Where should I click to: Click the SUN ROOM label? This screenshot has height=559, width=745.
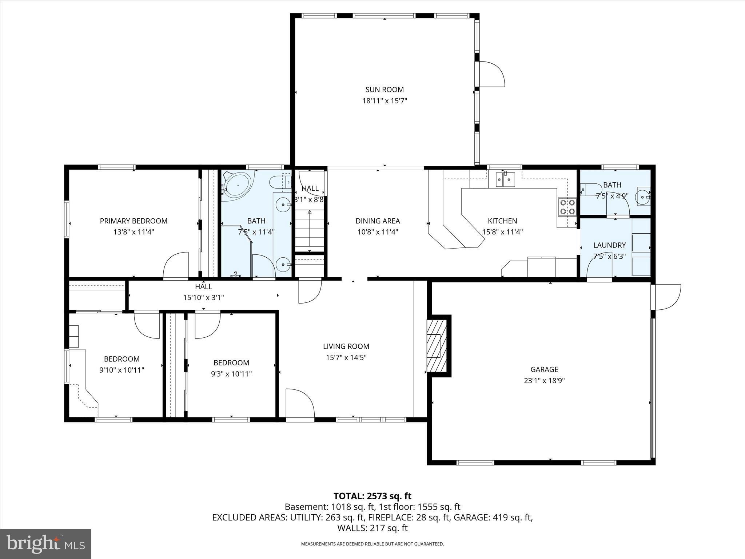tap(385, 90)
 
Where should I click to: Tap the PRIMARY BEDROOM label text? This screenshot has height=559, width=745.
tap(134, 221)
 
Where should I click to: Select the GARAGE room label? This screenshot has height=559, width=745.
tap(544, 369)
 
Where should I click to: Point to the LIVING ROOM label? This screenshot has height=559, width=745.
tap(346, 346)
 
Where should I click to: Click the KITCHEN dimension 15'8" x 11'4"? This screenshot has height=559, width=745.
tap(502, 232)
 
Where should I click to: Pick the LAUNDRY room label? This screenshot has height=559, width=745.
tap(609, 245)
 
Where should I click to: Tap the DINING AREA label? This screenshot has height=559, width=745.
tap(378, 221)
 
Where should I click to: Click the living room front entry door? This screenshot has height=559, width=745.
tap(300, 404)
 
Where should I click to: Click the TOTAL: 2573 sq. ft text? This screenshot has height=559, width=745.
tap(372, 496)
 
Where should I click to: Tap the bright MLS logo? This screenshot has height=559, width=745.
tap(45, 544)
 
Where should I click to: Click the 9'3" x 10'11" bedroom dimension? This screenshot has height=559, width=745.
tap(231, 374)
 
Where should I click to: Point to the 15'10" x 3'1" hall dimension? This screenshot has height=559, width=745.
tap(203, 298)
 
